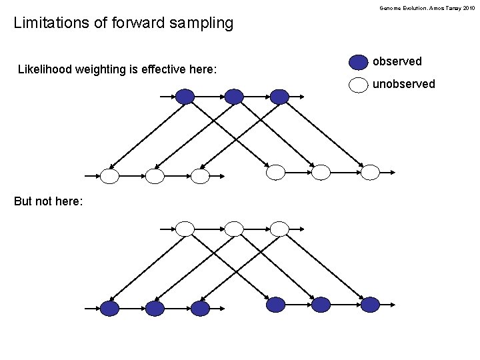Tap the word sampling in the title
coord(200,23)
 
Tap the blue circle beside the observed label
coord(359,62)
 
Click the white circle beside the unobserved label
coord(359,85)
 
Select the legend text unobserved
coord(403,84)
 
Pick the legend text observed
coord(397,61)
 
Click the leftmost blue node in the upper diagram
coord(185,97)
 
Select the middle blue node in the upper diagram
coord(234,97)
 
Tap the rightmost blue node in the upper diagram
coord(279,97)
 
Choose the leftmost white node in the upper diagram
coord(110,176)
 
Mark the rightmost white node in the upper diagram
coord(370,173)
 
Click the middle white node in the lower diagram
coord(234,229)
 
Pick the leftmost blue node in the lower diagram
coord(110,308)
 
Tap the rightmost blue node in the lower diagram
coord(370,305)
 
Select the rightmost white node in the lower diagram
coord(279,229)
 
